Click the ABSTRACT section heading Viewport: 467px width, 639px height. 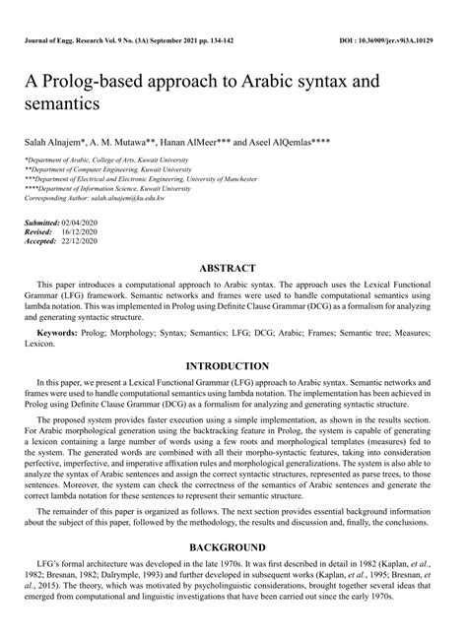(233, 268)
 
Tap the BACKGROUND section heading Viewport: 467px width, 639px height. (233, 546)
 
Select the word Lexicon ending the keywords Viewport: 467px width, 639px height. (41, 344)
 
